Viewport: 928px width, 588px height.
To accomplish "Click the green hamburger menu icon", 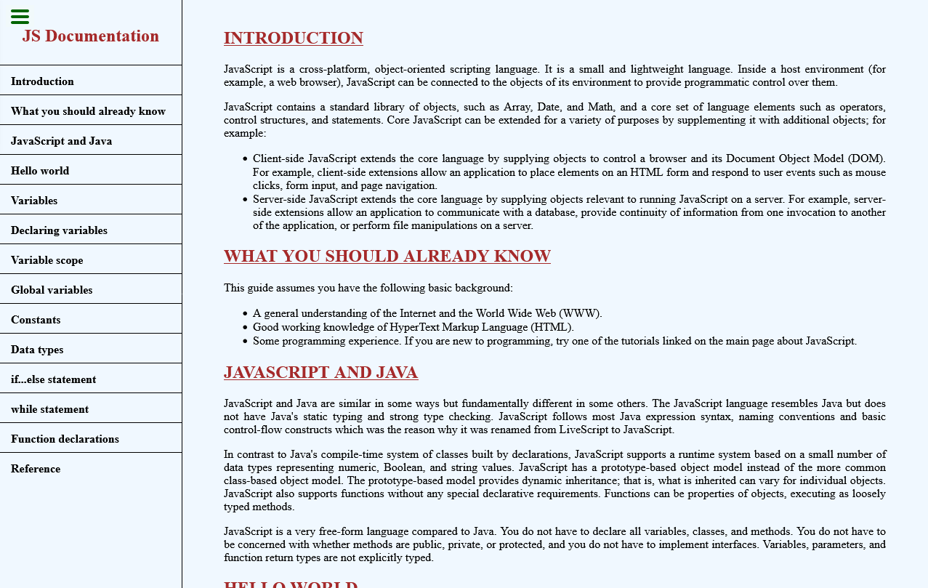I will (x=20, y=17).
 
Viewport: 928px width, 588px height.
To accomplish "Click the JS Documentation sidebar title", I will (x=90, y=36).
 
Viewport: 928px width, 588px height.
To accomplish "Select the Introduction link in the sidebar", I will (x=42, y=81).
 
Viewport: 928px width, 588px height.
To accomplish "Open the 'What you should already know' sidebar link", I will (x=88, y=111).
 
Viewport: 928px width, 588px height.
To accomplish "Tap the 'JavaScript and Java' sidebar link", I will (x=61, y=141).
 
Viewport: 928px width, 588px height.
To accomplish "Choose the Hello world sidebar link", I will (x=40, y=171).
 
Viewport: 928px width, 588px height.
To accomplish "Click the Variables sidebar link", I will (x=34, y=201).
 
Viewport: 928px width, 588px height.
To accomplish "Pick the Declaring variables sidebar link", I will (x=59, y=230).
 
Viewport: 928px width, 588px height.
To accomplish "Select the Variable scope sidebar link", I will (x=47, y=260).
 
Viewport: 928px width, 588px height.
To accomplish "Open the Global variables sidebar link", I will (x=52, y=290).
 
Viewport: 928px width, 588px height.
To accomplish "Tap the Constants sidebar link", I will (x=36, y=320).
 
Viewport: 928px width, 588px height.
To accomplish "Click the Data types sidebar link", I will (x=37, y=350).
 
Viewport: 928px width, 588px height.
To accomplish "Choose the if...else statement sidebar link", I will (x=53, y=379).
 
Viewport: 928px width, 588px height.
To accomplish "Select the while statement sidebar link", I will (x=49, y=409).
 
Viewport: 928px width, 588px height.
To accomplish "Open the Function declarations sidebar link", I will (x=65, y=439).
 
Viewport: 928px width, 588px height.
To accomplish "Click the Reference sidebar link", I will (x=36, y=469).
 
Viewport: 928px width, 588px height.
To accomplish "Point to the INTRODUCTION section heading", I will (x=293, y=38).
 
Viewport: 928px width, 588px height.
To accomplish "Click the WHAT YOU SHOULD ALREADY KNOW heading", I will (x=387, y=256).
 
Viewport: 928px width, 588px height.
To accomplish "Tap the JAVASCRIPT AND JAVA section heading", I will (x=320, y=372).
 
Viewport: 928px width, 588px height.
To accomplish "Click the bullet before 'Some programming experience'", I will (x=245, y=341).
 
